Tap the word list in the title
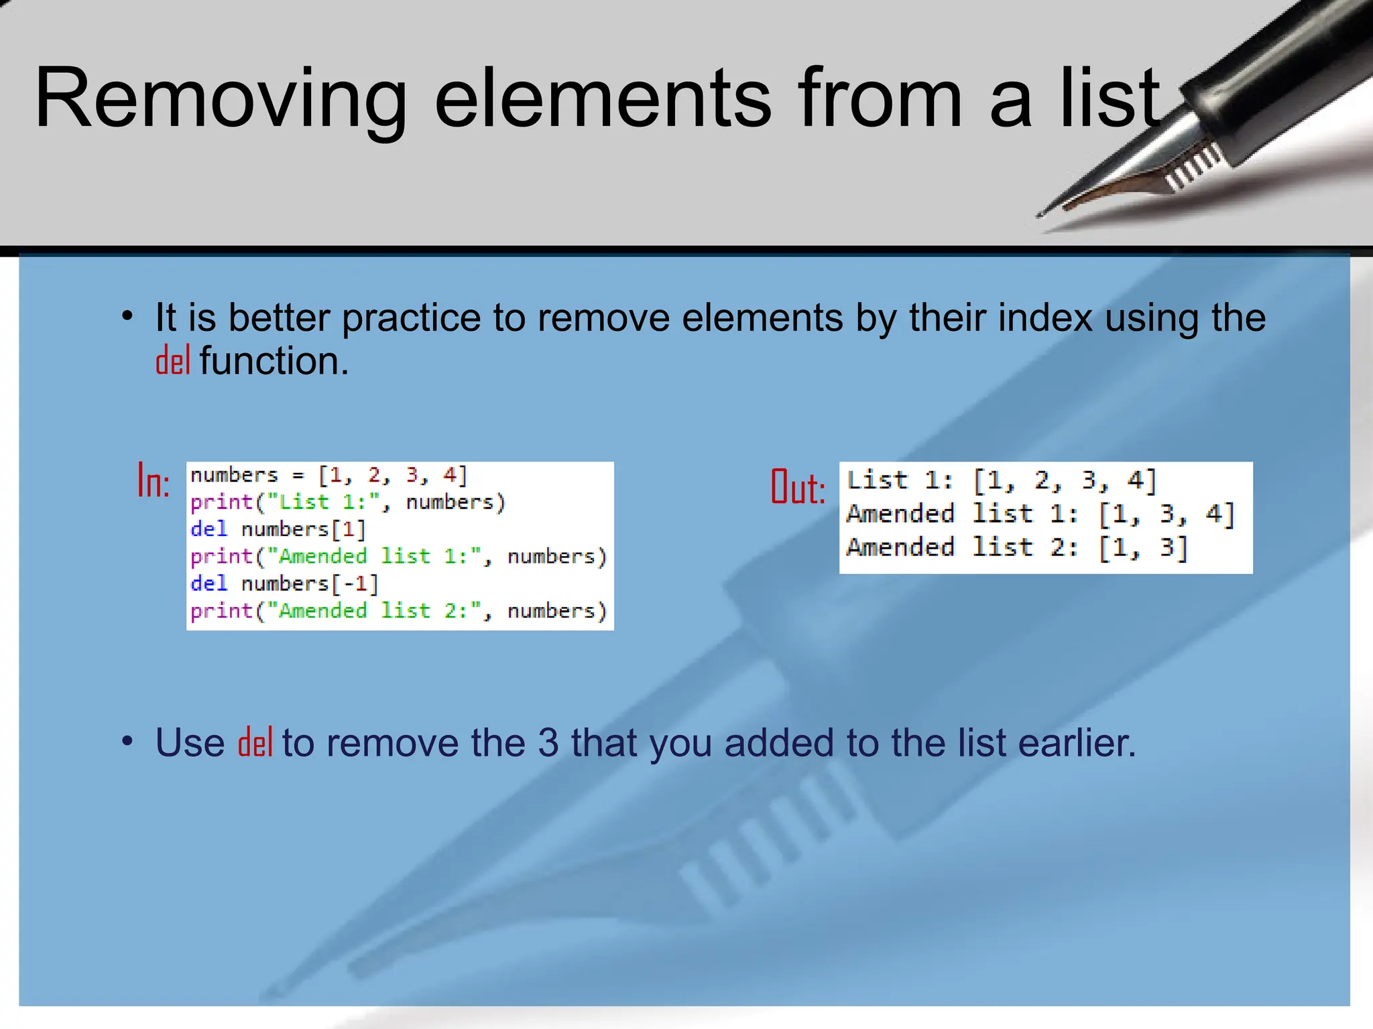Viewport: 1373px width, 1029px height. [1110, 99]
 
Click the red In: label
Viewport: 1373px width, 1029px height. [154, 481]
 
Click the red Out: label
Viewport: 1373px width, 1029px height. [798, 487]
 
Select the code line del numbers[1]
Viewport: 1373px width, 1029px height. [278, 529]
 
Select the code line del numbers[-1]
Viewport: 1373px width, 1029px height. [285, 584]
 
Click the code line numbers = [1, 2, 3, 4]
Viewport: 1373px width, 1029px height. [329, 475]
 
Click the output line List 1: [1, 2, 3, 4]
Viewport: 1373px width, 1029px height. [1002, 480]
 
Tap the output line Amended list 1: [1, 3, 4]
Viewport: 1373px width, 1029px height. [1039, 514]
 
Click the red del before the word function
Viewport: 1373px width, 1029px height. [173, 362]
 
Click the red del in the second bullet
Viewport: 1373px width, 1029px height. [255, 743]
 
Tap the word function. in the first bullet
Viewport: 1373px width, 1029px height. [274, 362]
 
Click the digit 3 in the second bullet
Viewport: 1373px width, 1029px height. [548, 743]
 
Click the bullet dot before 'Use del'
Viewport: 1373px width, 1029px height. [127, 742]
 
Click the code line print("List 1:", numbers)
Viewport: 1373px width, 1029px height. [347, 502]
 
